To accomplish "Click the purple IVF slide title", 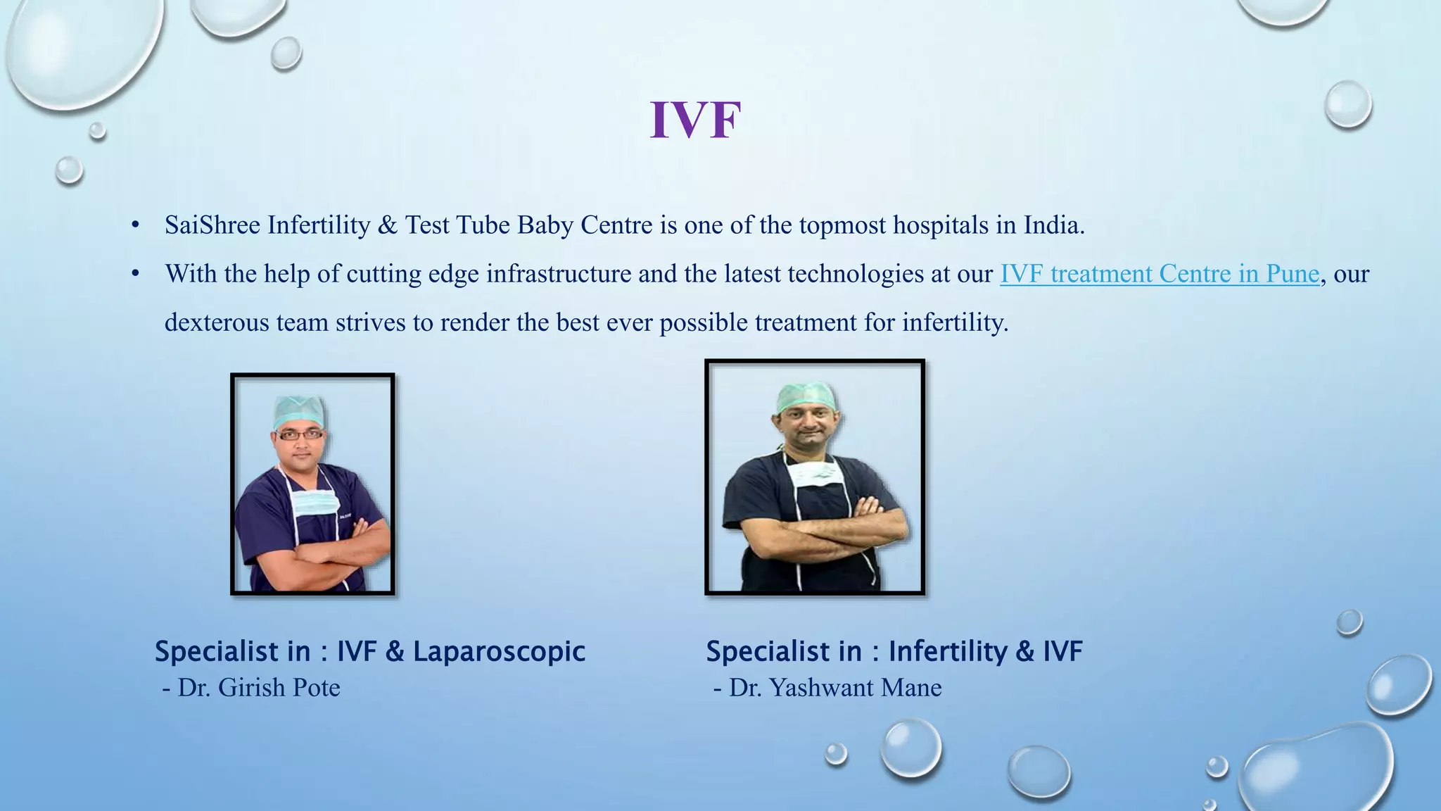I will pyautogui.click(x=695, y=120).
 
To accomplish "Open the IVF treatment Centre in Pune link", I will pyautogui.click(x=1159, y=274).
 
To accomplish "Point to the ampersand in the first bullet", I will pyautogui.click(x=387, y=225).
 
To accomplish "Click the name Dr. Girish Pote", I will pyautogui.click(x=258, y=688).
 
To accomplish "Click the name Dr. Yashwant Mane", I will pyautogui.click(x=834, y=688).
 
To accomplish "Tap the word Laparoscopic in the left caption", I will pyautogui.click(x=499, y=651).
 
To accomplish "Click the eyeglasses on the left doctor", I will pyautogui.click(x=300, y=434).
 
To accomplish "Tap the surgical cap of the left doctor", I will pyautogui.click(x=300, y=410).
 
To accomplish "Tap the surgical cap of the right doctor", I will pyautogui.click(x=806, y=398).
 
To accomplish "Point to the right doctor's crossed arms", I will pyautogui.click(x=816, y=535).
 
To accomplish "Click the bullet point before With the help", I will pyautogui.click(x=136, y=274).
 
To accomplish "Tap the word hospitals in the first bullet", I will pyautogui.click(x=941, y=225).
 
